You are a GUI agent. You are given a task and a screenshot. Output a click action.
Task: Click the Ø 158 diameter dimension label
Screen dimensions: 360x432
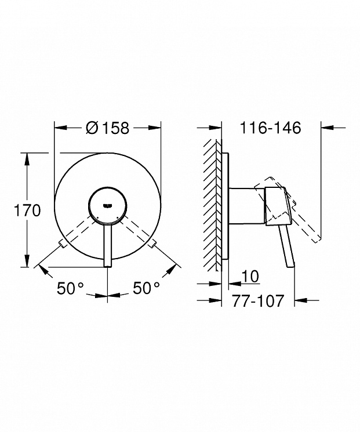tap(107, 128)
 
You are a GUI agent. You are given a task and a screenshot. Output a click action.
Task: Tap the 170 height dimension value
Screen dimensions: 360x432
tap(27, 210)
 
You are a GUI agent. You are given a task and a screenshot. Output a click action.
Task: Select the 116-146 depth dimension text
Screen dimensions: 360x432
tap(271, 128)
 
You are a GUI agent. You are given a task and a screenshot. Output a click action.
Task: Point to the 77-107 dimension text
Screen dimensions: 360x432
tap(257, 301)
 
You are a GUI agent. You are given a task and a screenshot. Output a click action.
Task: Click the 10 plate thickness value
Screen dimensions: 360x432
tap(250, 276)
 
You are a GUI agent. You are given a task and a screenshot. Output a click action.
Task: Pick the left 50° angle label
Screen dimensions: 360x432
tap(70, 288)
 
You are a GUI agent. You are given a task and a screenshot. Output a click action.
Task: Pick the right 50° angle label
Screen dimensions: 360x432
tap(147, 288)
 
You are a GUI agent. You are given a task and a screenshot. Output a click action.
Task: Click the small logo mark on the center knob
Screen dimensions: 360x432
tap(107, 205)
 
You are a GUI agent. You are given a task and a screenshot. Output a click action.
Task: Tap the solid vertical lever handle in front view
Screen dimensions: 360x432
tap(107, 245)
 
